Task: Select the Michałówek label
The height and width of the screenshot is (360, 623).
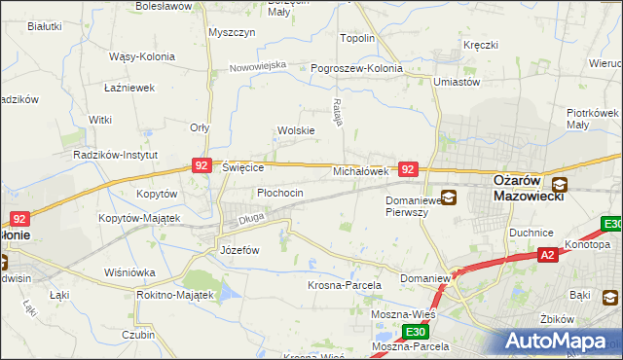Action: (361, 170)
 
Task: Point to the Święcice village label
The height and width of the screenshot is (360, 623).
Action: (243, 167)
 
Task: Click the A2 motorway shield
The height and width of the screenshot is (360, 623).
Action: (548, 255)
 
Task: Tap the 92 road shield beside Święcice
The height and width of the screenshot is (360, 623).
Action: (202, 166)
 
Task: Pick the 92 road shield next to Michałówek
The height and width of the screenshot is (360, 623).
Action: (409, 169)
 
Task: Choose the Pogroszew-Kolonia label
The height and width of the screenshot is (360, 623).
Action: (356, 68)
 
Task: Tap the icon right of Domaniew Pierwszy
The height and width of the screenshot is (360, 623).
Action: (449, 198)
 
